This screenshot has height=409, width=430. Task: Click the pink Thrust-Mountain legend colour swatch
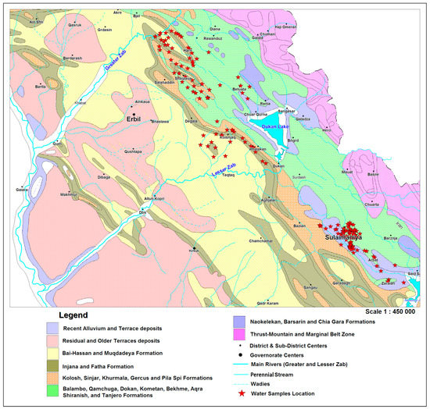238,333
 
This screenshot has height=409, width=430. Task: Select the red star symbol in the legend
238,384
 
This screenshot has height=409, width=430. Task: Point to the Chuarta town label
371,207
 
